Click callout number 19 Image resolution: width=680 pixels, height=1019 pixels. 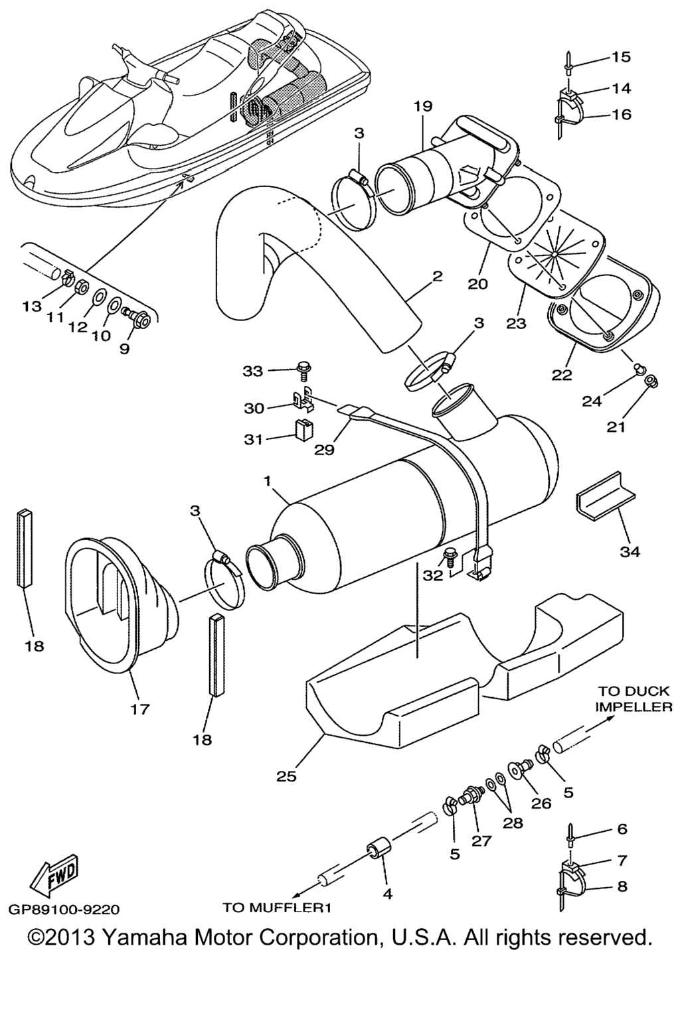point(422,106)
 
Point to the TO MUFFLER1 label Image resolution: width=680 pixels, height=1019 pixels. point(276,907)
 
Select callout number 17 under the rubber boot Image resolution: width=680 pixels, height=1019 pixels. point(140,709)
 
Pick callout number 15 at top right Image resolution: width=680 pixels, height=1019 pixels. point(622,57)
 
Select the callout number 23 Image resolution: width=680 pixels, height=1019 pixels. point(516,323)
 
